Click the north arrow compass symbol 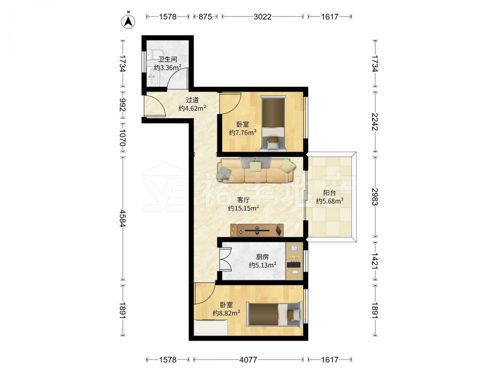[x=128, y=21]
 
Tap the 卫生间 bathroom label [x=168, y=59]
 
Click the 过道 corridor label [x=192, y=100]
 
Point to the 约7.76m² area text [x=243, y=132]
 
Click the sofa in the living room [x=256, y=170]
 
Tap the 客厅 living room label [x=244, y=200]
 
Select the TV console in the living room [x=256, y=230]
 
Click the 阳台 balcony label [x=330, y=192]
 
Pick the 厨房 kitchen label [x=262, y=257]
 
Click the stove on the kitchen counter [x=294, y=264]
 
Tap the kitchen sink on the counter [x=294, y=247]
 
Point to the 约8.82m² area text [x=226, y=313]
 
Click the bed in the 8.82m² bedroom [x=274, y=315]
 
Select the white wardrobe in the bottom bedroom [x=211, y=327]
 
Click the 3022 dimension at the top [x=262, y=16]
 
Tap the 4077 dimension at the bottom [x=248, y=360]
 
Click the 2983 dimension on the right [x=375, y=197]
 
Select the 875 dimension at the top [x=205, y=16]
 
